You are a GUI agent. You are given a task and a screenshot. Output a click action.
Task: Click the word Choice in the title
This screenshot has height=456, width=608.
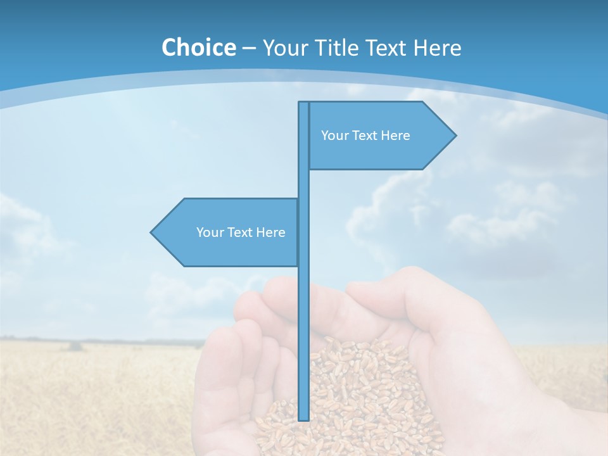(198, 47)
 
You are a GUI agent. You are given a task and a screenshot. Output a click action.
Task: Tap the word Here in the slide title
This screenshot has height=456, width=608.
(438, 47)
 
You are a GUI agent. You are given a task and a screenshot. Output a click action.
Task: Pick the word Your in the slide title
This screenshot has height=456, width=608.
(285, 47)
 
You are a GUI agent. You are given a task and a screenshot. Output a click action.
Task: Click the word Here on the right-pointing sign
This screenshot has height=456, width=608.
(395, 136)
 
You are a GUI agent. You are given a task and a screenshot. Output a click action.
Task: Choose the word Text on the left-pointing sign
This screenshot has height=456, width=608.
(240, 232)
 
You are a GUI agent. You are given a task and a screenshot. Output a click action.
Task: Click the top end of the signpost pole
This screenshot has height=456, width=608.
(303, 103)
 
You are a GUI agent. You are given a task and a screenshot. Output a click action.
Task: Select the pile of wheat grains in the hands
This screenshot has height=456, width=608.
(355, 393)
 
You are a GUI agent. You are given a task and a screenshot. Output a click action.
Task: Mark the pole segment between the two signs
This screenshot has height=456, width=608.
(303, 184)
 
